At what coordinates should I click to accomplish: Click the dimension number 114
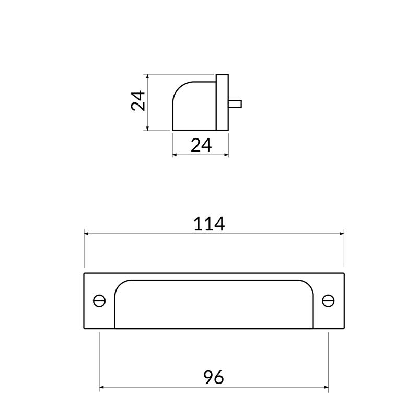click(209, 224)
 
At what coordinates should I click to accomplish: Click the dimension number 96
click(213, 377)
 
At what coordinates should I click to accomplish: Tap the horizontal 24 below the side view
click(201, 145)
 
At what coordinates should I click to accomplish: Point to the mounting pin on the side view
click(235, 103)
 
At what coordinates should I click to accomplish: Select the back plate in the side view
click(222, 102)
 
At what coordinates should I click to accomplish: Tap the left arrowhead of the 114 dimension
click(87, 234)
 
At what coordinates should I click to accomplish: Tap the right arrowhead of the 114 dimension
click(342, 234)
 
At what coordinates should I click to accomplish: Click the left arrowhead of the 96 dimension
click(102, 388)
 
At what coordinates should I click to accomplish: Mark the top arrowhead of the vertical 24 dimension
click(149, 77)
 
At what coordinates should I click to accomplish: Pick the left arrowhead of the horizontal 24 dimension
click(175, 155)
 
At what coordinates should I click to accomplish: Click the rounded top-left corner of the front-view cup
click(120, 285)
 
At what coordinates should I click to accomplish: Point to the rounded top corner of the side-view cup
click(180, 88)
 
